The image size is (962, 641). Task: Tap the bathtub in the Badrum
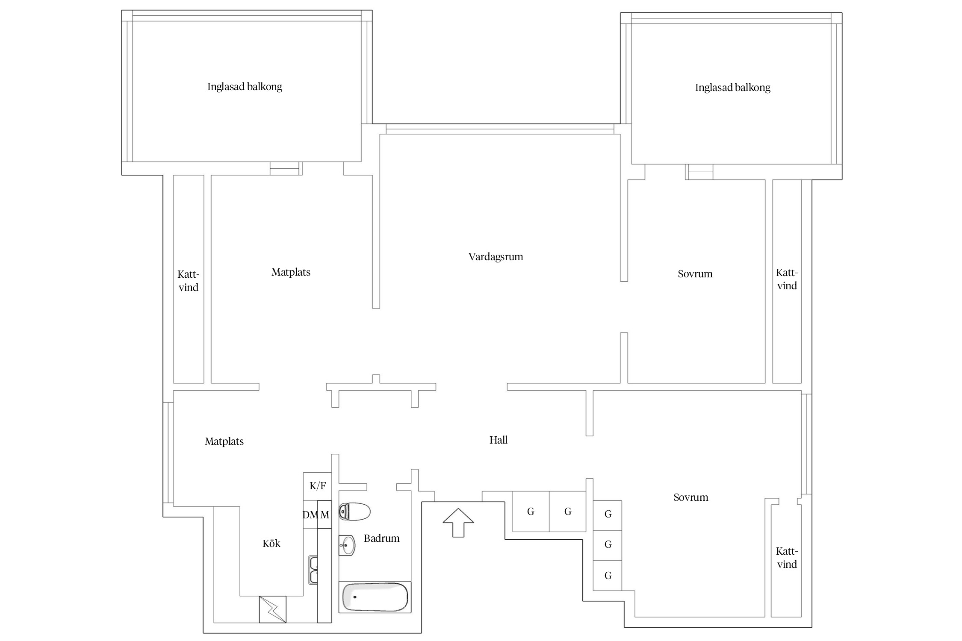375,597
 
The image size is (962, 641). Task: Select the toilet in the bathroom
354,512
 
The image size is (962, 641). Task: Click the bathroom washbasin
347,546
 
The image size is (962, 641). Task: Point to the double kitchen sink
313,570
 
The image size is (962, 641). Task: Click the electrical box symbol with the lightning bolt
272,609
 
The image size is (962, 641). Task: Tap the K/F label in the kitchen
318,486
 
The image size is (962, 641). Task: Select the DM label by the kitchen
310,515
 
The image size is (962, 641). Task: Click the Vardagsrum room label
496,257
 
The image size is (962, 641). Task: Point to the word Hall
499,440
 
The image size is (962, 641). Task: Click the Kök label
271,543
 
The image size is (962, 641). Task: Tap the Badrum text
382,538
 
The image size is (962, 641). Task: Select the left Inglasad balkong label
245,87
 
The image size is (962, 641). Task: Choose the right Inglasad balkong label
732,88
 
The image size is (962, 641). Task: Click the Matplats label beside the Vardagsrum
291,272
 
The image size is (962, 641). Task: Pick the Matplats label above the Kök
224,441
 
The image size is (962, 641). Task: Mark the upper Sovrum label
695,274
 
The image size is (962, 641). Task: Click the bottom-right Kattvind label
787,558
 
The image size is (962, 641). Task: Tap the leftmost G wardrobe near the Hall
531,512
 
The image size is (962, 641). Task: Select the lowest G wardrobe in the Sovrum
608,576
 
